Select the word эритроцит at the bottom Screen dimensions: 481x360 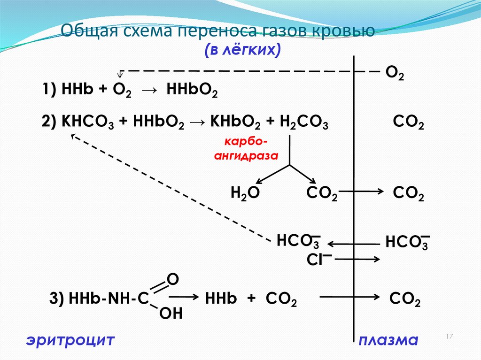point(70,340)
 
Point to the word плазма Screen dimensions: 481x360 point(388,340)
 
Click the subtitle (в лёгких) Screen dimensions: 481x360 point(242,50)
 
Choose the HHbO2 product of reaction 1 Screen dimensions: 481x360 point(192,90)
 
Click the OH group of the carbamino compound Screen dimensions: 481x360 point(171,313)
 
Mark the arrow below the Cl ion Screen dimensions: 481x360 point(357,259)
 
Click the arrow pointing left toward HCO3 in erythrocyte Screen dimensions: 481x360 point(353,244)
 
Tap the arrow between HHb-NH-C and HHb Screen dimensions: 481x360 point(184,298)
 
